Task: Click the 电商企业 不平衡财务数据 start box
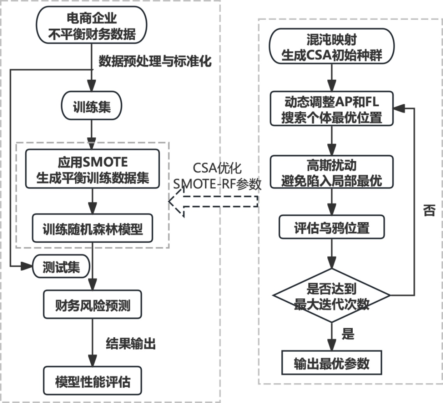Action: pyautogui.click(x=92, y=26)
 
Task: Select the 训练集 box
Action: pyautogui.click(x=92, y=107)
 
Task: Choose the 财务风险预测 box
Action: pyautogui.click(x=92, y=306)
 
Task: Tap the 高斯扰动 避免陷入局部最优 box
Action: pyautogui.click(x=331, y=172)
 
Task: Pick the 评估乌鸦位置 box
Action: pyautogui.click(x=331, y=228)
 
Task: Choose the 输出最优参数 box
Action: pyautogui.click(x=331, y=363)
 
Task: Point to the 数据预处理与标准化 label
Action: pyautogui.click(x=155, y=61)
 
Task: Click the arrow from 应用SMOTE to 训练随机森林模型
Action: pyautogui.click(x=92, y=200)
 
